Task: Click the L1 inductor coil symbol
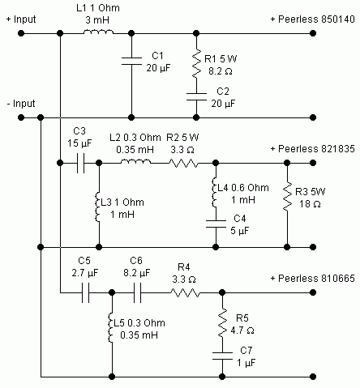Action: [x=98, y=32]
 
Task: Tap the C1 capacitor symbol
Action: [x=131, y=61]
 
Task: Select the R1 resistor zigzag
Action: [x=196, y=64]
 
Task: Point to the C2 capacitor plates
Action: [x=196, y=96]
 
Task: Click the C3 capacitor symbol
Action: [x=80, y=163]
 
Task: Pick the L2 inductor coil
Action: [x=136, y=161]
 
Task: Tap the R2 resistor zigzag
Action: [x=183, y=163]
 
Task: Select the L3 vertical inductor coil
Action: [x=97, y=207]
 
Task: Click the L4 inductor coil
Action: [x=214, y=192]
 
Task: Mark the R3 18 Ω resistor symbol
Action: [x=287, y=196]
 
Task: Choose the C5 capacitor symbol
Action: [x=85, y=292]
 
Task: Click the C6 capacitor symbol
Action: [x=137, y=292]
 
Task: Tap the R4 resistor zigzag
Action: [x=185, y=292]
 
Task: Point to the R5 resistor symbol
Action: [x=222, y=322]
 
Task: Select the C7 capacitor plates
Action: [x=222, y=356]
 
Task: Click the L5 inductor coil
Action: [x=110, y=328]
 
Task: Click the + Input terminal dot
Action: [x=21, y=33]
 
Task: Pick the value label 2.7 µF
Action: [x=85, y=273]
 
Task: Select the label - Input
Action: [x=21, y=104]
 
